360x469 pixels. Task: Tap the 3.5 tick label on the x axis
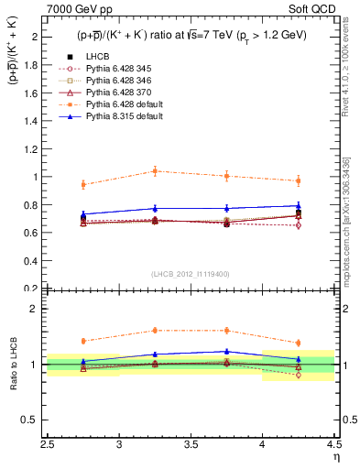[191, 445]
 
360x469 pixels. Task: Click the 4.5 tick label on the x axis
[333, 445]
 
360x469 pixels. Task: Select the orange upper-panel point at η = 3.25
[155, 171]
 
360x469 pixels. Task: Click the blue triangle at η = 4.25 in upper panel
[298, 206]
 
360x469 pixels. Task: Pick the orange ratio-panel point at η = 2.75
[83, 341]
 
